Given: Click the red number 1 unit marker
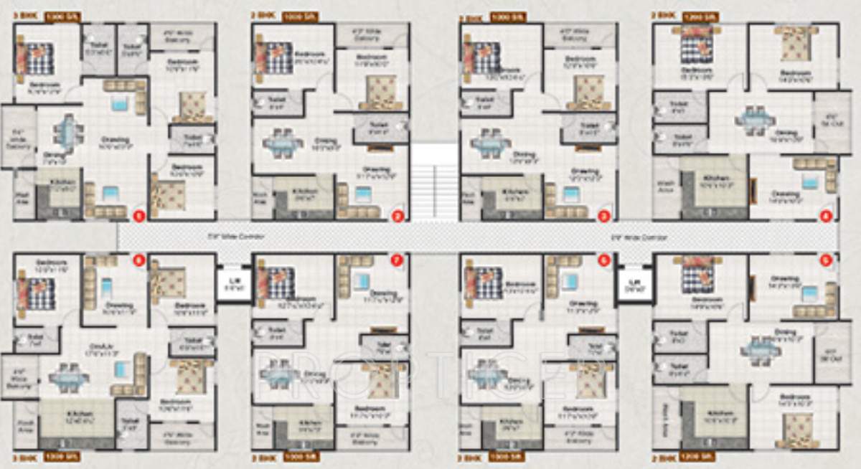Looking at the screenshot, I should click(x=139, y=214).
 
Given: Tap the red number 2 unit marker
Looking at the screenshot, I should click(x=396, y=214).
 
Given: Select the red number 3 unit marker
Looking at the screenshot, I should click(x=604, y=214).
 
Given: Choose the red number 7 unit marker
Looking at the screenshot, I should click(x=396, y=261).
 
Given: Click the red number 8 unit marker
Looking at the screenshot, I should click(x=139, y=261).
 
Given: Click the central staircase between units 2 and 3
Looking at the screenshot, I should click(x=434, y=179).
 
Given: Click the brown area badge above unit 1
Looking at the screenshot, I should click(x=62, y=15).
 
